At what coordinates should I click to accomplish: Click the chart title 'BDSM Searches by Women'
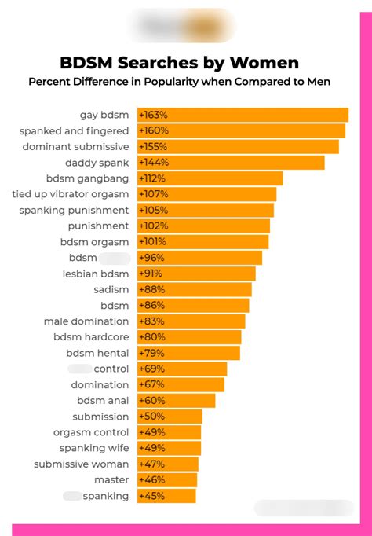(x=179, y=63)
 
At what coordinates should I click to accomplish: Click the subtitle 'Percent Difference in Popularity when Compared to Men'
(x=179, y=81)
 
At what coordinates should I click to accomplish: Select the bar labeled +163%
(x=243, y=115)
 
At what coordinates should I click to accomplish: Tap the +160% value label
(x=154, y=130)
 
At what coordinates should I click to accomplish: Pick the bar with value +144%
(x=231, y=163)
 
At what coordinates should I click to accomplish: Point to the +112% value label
(x=153, y=178)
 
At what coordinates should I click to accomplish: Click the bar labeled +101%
(x=203, y=242)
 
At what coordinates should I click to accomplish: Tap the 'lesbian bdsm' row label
(x=96, y=274)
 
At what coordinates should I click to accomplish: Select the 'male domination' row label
(x=86, y=321)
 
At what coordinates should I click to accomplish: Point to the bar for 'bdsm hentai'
(x=188, y=353)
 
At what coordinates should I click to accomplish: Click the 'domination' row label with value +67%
(x=100, y=385)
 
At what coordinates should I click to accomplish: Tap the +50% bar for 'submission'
(x=170, y=417)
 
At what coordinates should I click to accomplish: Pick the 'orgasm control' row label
(x=91, y=432)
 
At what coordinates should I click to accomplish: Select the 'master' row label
(x=111, y=480)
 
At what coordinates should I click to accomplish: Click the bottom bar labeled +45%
(x=166, y=496)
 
